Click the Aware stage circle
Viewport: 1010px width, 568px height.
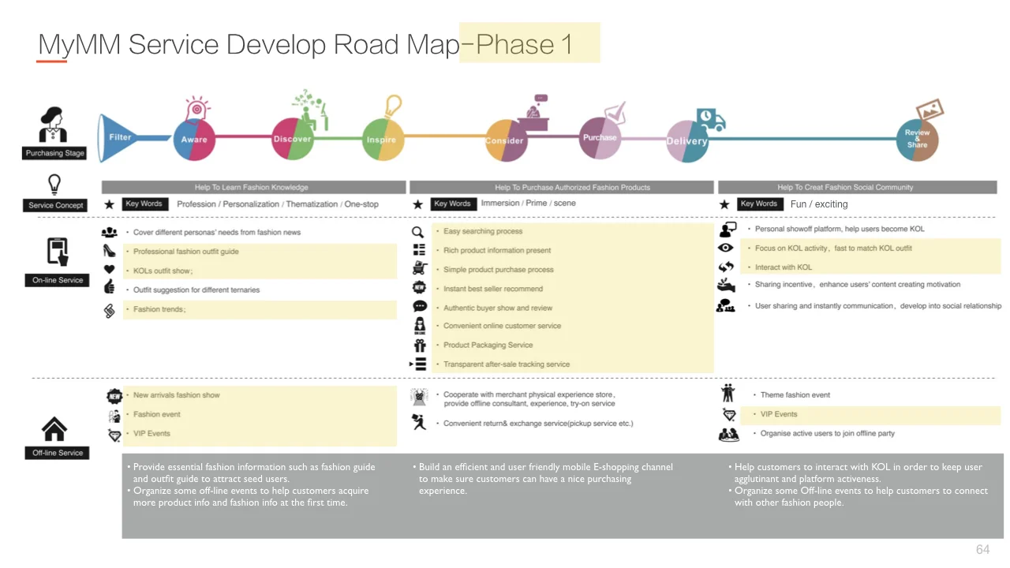click(193, 140)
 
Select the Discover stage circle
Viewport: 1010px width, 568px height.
click(293, 139)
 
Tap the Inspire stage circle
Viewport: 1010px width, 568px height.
click(383, 140)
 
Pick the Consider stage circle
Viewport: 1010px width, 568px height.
click(505, 140)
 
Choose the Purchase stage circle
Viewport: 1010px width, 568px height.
click(600, 137)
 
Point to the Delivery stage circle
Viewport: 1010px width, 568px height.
click(686, 141)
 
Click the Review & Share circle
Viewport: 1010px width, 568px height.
click(917, 139)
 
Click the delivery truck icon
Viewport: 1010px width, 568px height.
click(710, 120)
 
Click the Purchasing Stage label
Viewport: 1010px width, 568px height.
click(54, 153)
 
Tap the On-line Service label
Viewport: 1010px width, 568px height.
click(58, 280)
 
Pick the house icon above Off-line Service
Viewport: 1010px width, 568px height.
click(54, 429)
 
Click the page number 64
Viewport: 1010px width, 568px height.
click(982, 549)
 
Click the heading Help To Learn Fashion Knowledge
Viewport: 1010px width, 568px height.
click(252, 187)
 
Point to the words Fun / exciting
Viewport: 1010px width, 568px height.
click(819, 204)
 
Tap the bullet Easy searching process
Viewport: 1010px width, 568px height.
click(483, 231)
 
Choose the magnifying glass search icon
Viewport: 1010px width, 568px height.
click(418, 231)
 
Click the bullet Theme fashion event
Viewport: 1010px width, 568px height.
click(795, 395)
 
